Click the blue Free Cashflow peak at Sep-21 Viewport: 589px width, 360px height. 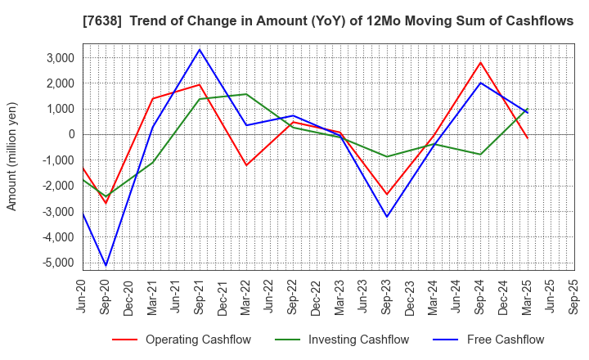(x=200, y=49)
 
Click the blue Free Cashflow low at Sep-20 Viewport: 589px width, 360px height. (x=106, y=265)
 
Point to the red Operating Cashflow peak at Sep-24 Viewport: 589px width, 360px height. (x=480, y=62)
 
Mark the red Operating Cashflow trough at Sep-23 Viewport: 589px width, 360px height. (x=387, y=194)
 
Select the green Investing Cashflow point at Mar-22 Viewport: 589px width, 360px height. (x=246, y=94)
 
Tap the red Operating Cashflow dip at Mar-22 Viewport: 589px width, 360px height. (x=246, y=165)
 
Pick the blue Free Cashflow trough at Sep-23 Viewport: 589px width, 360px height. (x=387, y=217)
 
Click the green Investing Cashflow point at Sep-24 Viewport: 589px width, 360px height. (x=480, y=154)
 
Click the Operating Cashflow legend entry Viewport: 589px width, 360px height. (x=199, y=340)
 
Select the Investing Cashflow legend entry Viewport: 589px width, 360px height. (x=357, y=340)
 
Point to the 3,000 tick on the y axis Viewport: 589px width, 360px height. (x=60, y=57)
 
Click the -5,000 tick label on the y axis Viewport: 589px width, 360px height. (x=58, y=263)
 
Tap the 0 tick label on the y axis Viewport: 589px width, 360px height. (x=72, y=134)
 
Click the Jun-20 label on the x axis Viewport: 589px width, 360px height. (x=83, y=296)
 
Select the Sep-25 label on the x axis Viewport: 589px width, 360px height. (x=574, y=296)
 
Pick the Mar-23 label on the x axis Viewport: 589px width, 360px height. (x=340, y=296)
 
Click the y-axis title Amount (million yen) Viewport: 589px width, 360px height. (x=12, y=156)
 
